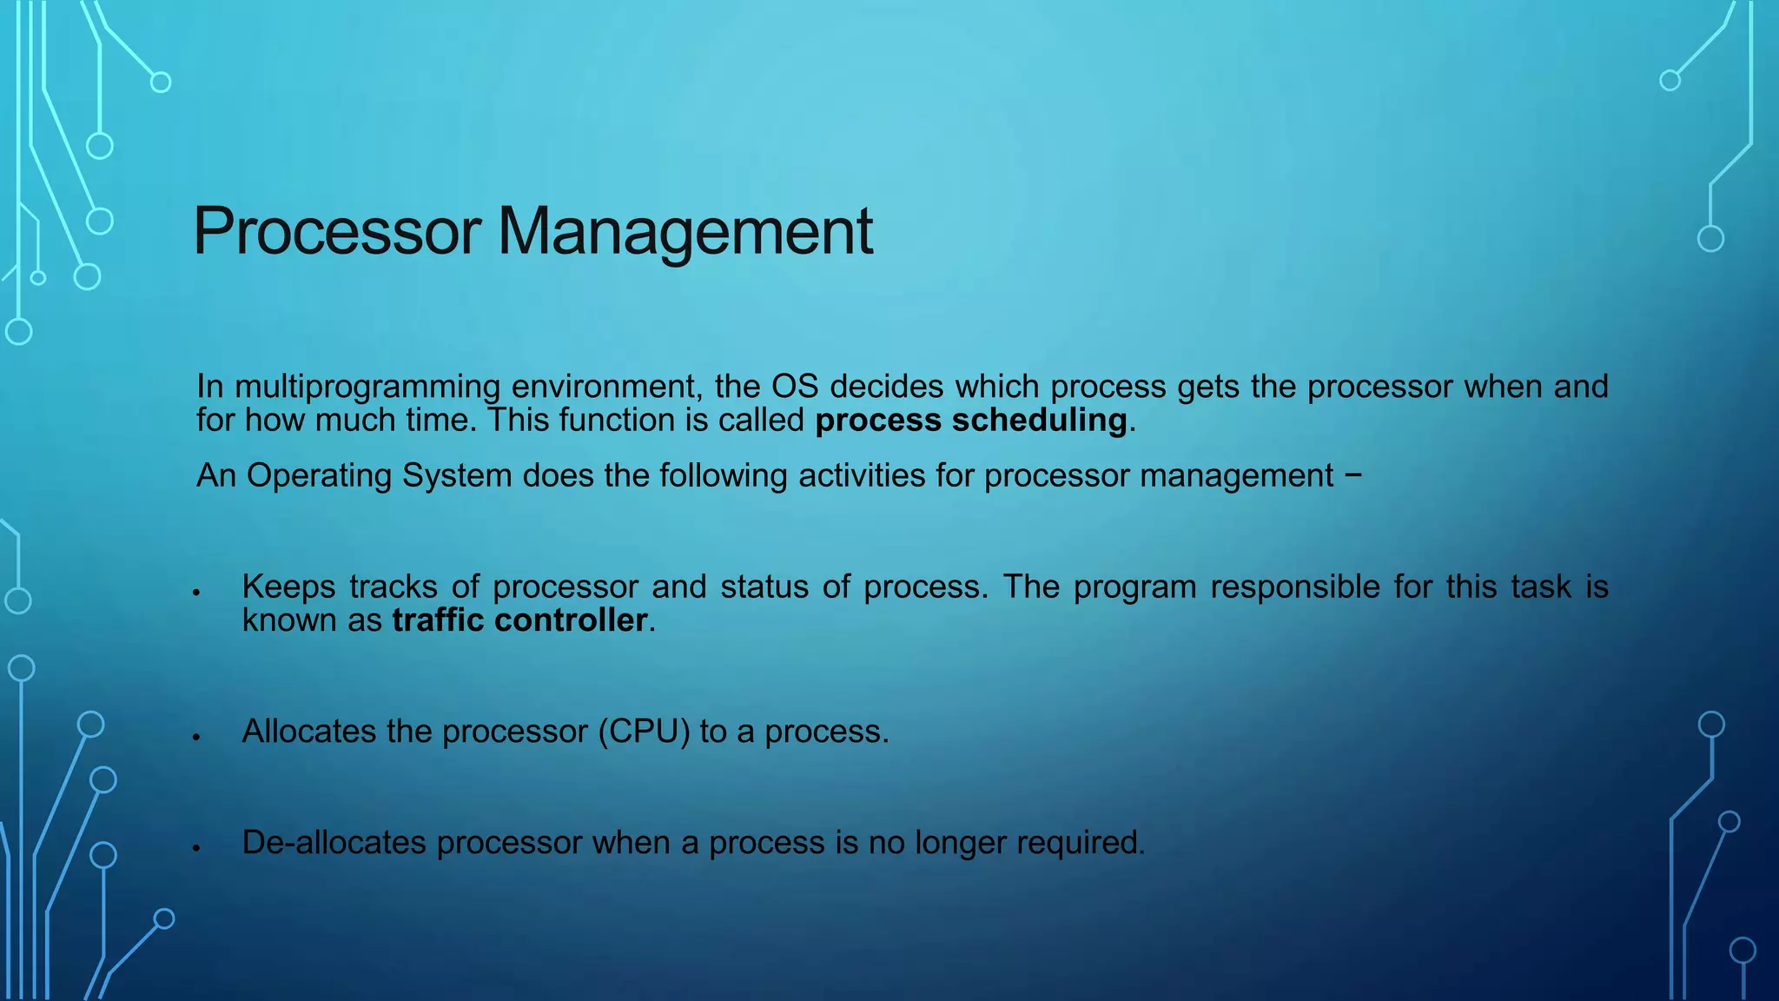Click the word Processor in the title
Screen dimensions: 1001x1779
(x=337, y=231)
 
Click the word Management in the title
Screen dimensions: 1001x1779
(x=684, y=231)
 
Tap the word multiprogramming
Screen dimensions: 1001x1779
(x=367, y=387)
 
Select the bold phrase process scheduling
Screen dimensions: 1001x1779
(x=971, y=421)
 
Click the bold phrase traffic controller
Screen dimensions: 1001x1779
(x=519, y=620)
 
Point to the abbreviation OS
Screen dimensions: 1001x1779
(x=795, y=387)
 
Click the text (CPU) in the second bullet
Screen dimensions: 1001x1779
(x=644, y=732)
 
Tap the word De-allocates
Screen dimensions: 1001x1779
(x=334, y=843)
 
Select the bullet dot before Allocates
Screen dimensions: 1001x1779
(x=197, y=737)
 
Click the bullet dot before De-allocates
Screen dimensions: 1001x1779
(x=197, y=848)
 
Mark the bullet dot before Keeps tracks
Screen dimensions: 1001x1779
(x=197, y=593)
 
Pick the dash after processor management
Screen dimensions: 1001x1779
(x=1352, y=476)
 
